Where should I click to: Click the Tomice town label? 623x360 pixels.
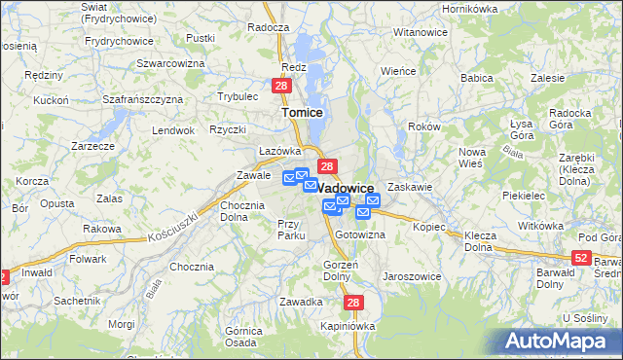point(302,113)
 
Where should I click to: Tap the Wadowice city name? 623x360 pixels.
point(347,188)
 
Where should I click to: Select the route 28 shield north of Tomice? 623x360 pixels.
point(280,87)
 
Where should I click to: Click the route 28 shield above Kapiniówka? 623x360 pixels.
point(354,303)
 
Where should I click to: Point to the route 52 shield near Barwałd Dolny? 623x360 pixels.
point(581,257)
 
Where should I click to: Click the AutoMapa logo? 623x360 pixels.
point(559,341)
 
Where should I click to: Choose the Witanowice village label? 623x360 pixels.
point(421,32)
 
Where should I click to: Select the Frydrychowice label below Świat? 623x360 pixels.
point(120,41)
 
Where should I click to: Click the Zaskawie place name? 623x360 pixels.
point(409,186)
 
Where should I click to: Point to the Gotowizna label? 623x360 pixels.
point(360,235)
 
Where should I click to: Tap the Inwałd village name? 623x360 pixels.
point(38,273)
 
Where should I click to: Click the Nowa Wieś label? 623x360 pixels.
point(472,158)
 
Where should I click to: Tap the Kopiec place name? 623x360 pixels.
point(428,227)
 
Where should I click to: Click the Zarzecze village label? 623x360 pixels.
point(93,146)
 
